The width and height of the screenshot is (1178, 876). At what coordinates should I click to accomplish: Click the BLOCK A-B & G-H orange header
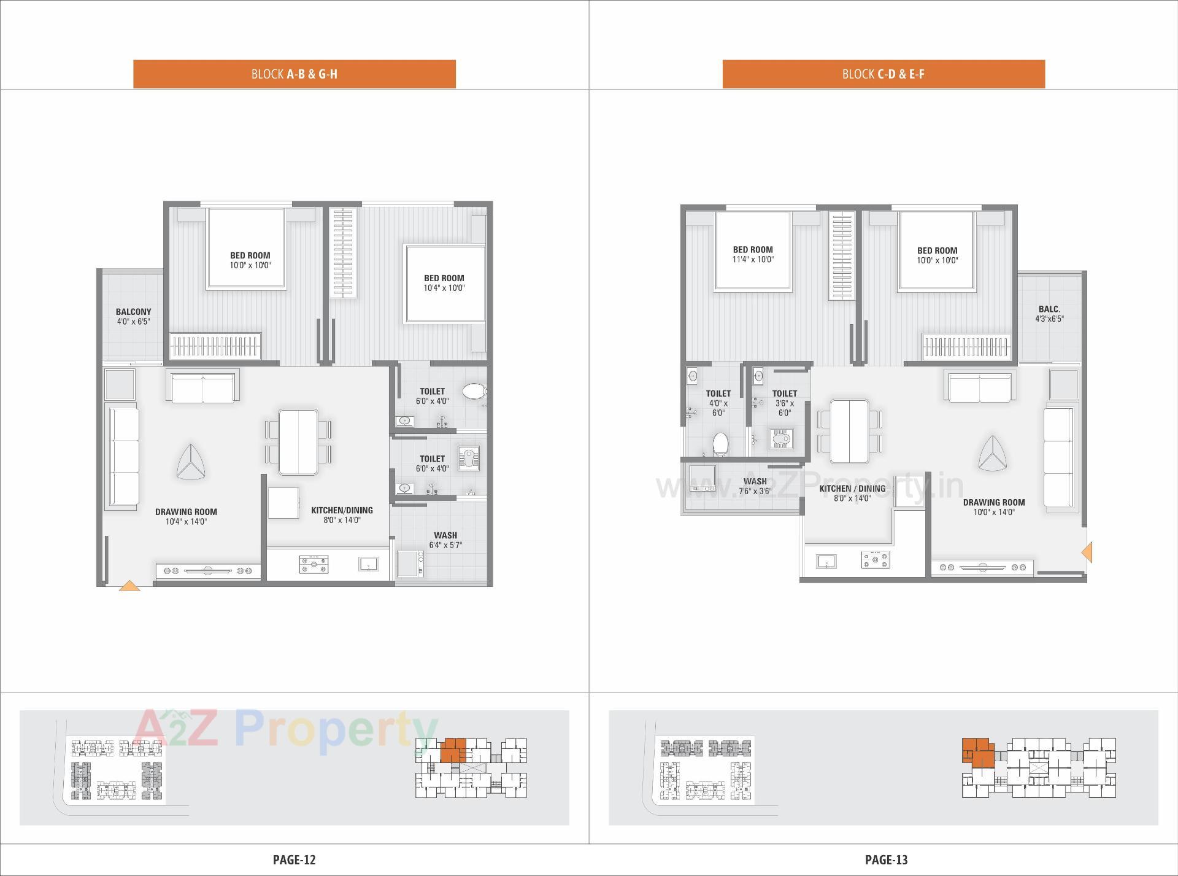click(294, 74)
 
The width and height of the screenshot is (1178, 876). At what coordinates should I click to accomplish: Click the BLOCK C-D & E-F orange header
click(883, 74)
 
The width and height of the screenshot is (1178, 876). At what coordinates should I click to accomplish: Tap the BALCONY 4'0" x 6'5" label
click(133, 316)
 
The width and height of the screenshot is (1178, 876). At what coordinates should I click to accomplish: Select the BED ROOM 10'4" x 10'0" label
click(444, 283)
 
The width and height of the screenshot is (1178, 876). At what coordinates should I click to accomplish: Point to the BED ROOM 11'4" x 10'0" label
click(752, 254)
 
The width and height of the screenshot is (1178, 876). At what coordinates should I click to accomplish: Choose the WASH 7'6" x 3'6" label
click(755, 486)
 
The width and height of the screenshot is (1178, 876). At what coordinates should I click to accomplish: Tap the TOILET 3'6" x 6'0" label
click(784, 403)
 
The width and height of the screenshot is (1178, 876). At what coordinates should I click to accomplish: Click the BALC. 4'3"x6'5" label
click(1049, 314)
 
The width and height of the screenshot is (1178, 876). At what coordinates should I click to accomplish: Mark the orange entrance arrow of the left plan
click(129, 586)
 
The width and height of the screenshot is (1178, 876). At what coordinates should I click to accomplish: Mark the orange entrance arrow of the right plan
click(1087, 552)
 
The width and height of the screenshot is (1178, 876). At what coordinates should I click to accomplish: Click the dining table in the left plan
click(298, 442)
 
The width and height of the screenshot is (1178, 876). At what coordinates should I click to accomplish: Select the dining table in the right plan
click(849, 431)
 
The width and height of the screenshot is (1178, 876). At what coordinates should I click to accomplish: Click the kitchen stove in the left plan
click(313, 564)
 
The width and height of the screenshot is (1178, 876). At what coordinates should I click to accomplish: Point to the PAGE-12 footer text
click(294, 859)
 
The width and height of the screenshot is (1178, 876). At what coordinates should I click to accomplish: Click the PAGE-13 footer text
click(886, 859)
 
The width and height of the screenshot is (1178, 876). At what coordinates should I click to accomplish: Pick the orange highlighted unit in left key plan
click(453, 750)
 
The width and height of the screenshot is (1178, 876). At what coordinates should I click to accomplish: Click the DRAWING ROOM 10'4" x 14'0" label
click(186, 516)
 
